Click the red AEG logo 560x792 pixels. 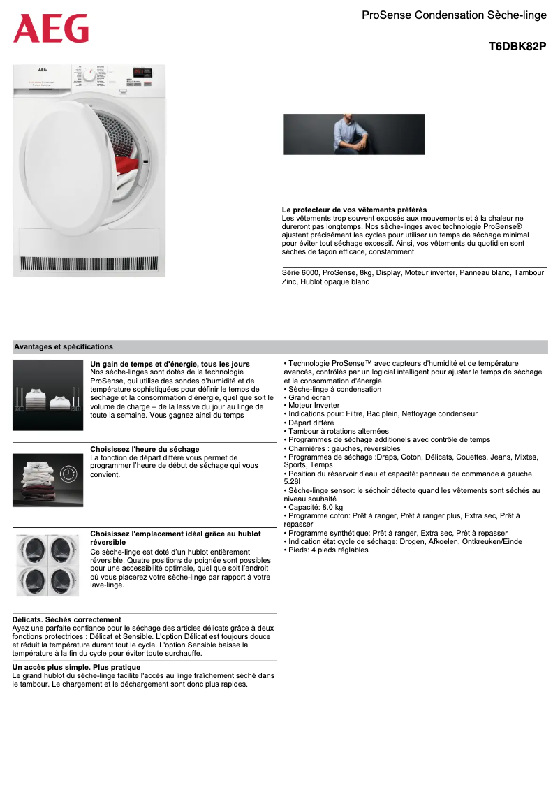point(51,29)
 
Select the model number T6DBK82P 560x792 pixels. point(517,47)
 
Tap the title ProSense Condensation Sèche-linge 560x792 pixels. point(454,15)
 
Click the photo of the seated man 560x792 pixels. point(354,134)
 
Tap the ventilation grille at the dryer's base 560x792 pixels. point(89,263)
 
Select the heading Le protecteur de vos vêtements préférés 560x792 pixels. point(354,210)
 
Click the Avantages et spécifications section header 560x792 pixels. point(64,346)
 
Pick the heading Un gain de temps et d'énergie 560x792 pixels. point(170,364)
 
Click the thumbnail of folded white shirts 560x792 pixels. point(47,395)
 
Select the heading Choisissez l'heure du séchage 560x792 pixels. point(145,449)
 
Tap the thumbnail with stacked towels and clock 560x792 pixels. point(47,480)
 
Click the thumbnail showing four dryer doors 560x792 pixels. point(47,565)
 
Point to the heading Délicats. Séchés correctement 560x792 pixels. point(67,619)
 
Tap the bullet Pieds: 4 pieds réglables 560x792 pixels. point(327,550)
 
